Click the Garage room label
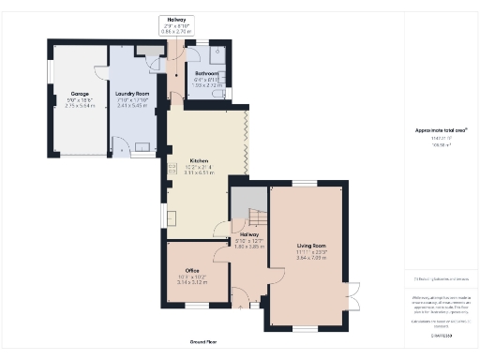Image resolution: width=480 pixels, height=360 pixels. tap(79, 94)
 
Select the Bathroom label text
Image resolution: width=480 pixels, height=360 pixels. tap(206, 72)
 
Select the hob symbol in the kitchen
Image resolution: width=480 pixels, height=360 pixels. tap(172, 169)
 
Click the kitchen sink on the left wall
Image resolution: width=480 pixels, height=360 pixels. tap(172, 217)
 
